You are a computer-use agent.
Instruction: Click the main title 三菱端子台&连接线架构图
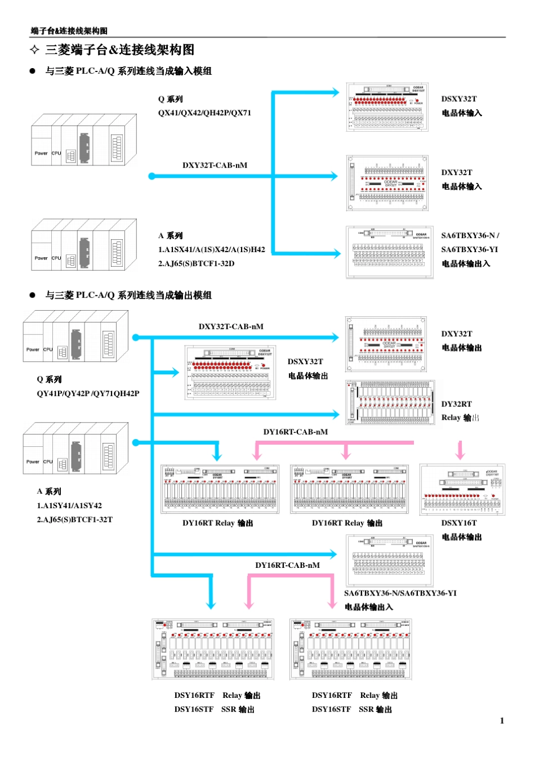(x=119, y=50)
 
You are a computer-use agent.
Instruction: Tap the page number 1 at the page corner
(x=501, y=720)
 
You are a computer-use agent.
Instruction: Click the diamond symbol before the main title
(x=35, y=50)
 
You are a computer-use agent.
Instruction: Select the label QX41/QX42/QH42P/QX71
(x=204, y=113)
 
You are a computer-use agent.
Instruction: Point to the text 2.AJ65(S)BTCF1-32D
(x=196, y=263)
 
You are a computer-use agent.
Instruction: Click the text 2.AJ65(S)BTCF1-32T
(x=74, y=519)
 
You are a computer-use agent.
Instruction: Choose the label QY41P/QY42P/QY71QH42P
(x=88, y=393)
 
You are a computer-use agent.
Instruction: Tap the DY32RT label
(x=456, y=404)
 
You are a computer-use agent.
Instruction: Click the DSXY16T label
(x=458, y=523)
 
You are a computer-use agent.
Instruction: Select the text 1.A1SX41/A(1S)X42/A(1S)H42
(x=211, y=249)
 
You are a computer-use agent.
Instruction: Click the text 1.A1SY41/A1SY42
(x=69, y=505)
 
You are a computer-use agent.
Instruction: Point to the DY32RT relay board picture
(x=390, y=403)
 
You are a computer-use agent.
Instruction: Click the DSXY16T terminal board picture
(x=462, y=490)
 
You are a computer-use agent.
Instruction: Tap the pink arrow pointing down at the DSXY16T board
(x=460, y=451)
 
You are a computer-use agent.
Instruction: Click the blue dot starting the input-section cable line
(x=151, y=176)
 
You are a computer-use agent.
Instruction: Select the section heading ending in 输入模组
(x=128, y=71)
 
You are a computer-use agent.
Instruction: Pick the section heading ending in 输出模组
(x=128, y=295)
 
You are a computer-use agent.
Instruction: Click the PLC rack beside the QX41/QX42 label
(x=84, y=140)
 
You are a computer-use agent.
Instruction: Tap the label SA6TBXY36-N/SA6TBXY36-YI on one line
(x=400, y=593)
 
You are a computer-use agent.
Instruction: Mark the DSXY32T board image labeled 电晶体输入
(x=387, y=107)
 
